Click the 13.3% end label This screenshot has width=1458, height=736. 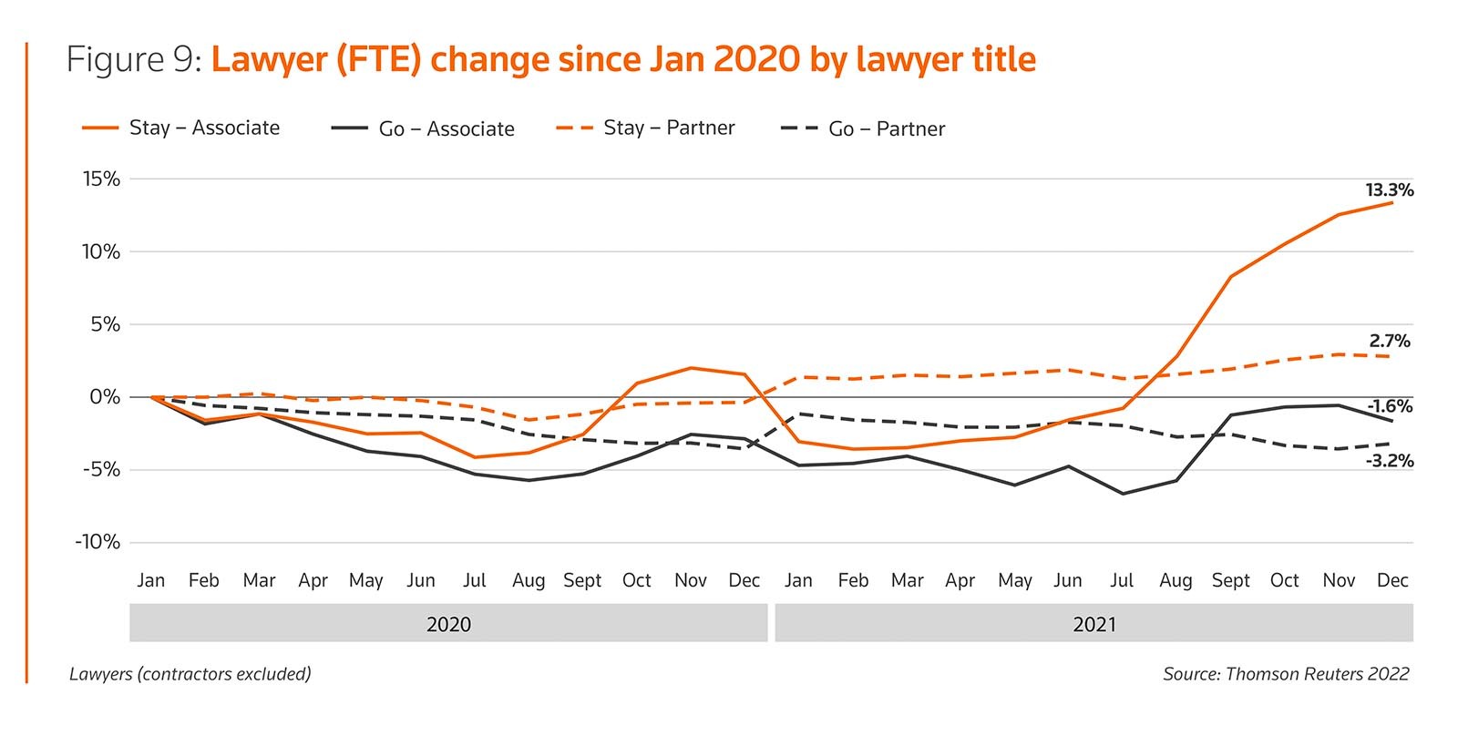(x=1389, y=190)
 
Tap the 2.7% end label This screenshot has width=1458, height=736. (x=1389, y=342)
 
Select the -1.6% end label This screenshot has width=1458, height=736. (x=1390, y=407)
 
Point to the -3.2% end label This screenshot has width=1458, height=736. (x=1390, y=462)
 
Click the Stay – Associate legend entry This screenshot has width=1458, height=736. (x=204, y=128)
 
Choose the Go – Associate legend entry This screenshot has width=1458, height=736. (x=446, y=129)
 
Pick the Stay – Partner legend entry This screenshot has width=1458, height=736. (x=669, y=128)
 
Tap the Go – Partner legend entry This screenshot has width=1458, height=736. (x=887, y=129)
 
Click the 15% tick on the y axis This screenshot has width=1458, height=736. (x=101, y=179)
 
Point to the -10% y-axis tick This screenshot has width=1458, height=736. (x=98, y=543)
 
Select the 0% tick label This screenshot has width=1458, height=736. (x=105, y=397)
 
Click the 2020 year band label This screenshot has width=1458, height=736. (x=448, y=625)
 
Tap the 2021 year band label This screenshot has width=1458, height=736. (x=1093, y=625)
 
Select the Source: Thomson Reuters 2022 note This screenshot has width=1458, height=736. (x=1285, y=674)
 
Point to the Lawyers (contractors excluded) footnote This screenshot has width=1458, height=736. (x=190, y=674)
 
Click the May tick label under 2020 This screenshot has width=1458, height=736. (x=365, y=581)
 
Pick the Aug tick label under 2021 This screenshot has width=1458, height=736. (x=1176, y=581)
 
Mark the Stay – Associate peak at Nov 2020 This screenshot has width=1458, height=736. (x=691, y=368)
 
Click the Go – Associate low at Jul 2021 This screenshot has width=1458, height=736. (x=1122, y=494)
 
